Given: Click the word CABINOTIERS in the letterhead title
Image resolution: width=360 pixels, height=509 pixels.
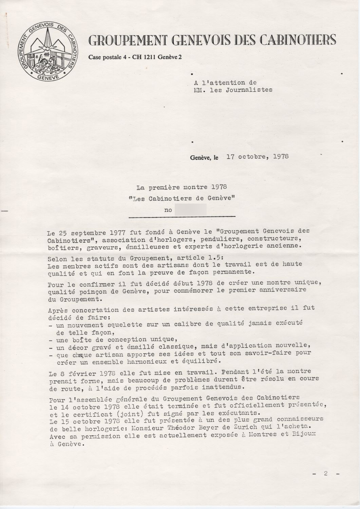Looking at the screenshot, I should (x=298, y=40).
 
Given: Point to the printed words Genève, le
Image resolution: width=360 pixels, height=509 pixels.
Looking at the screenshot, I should (x=205, y=157).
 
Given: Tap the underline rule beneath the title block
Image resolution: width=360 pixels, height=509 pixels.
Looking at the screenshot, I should (x=182, y=216).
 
